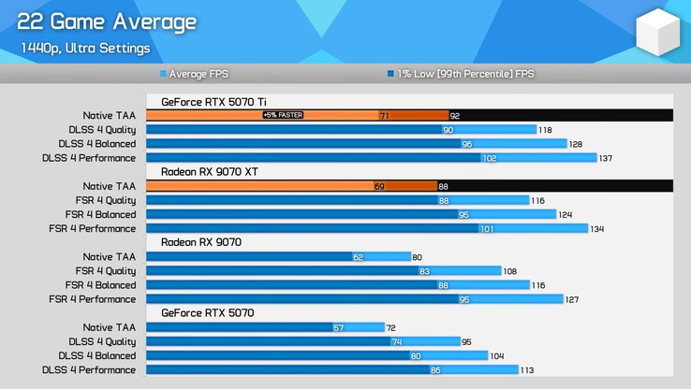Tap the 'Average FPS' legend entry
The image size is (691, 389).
pos(199,73)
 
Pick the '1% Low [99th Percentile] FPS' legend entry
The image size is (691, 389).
pos(465,73)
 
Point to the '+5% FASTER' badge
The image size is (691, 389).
pos(283,115)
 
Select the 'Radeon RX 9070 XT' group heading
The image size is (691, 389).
pos(210,172)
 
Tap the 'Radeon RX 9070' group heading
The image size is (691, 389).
pos(201,242)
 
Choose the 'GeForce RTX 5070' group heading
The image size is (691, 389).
pos(207,313)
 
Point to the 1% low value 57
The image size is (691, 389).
pos(339,327)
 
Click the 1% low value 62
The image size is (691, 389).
pos(358,256)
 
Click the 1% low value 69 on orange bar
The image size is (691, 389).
pos(379,186)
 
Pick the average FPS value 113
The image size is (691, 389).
pos(527,370)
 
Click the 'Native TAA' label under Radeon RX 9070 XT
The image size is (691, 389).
pos(109,186)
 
